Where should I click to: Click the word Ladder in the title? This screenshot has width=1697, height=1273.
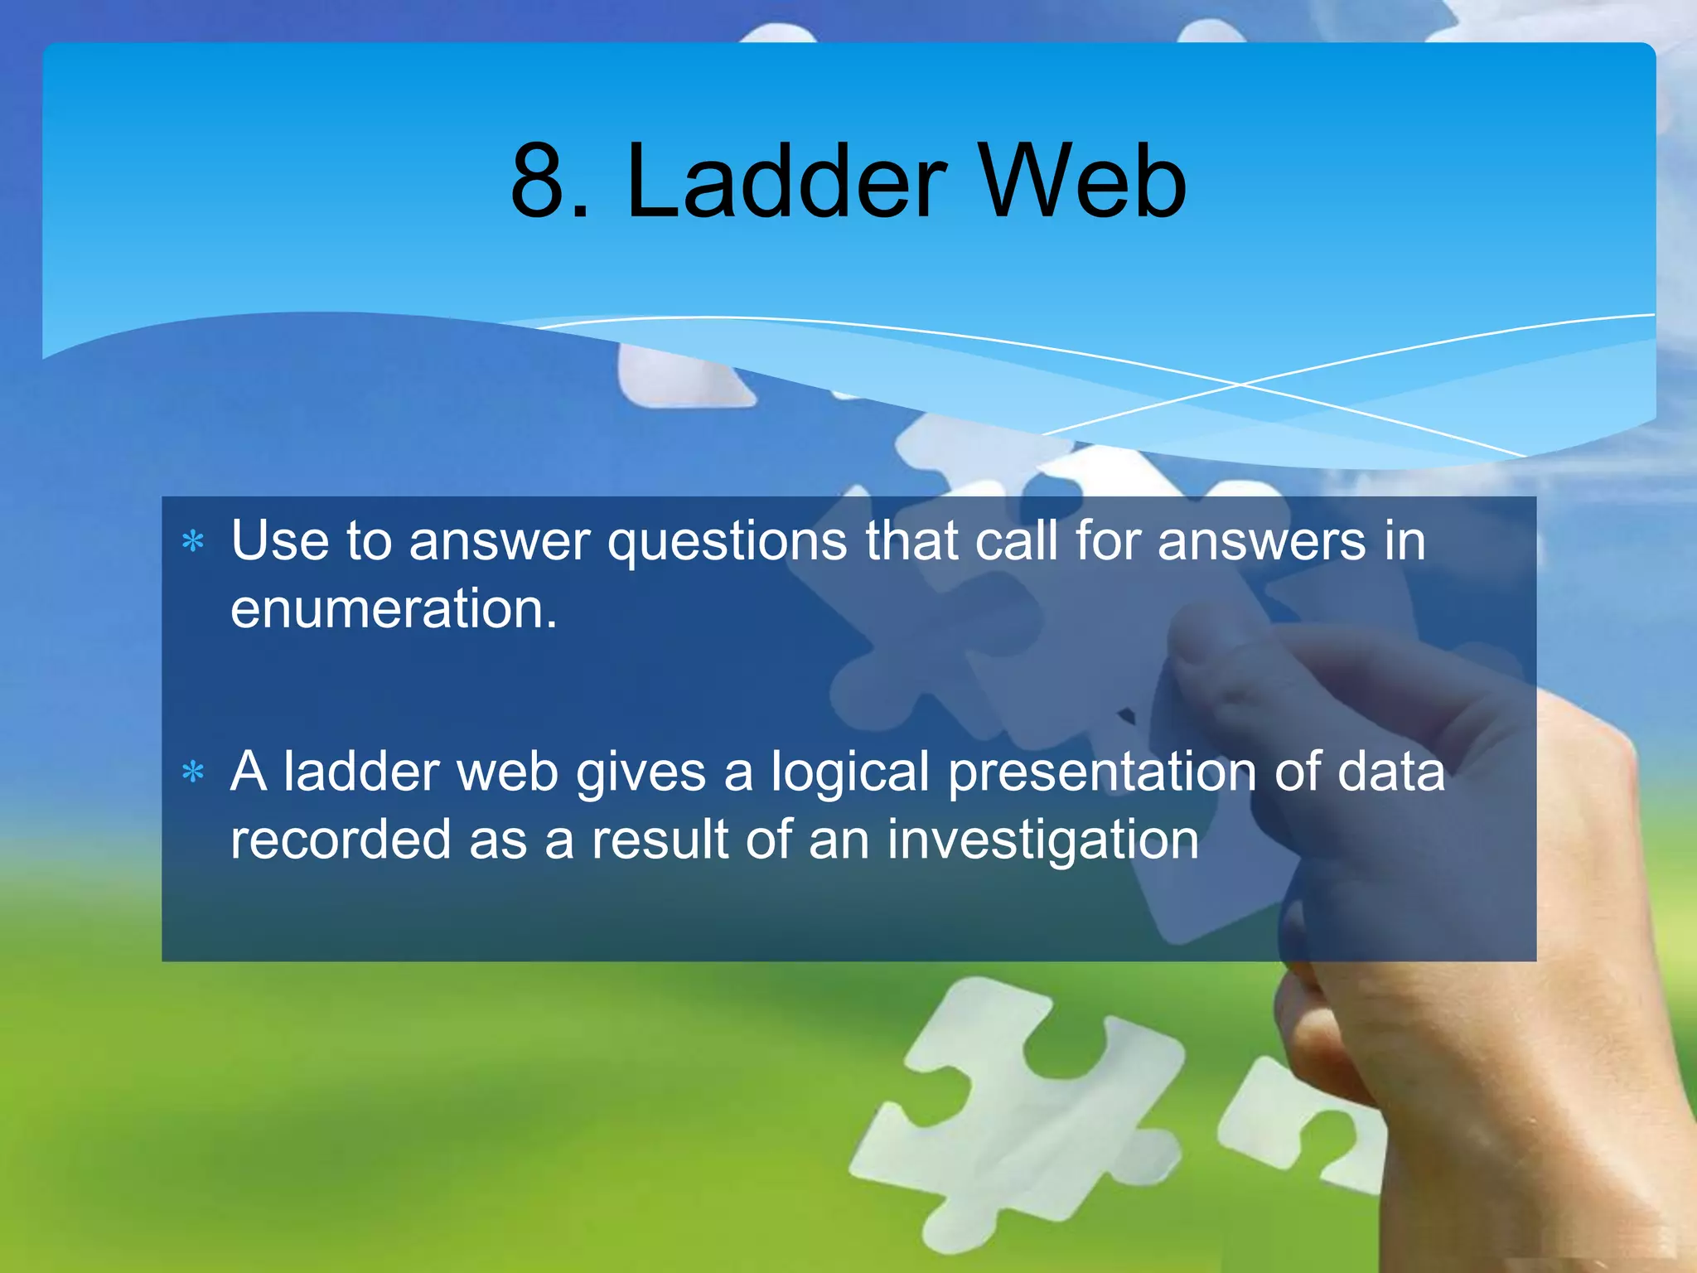click(786, 182)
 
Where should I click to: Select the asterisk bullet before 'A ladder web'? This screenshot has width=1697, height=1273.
click(193, 773)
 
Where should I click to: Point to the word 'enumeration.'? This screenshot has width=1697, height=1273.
click(394, 609)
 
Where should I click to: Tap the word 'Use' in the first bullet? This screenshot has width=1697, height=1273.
click(279, 541)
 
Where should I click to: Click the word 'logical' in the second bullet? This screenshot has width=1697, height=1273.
click(850, 773)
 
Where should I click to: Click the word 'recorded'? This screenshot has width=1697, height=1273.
click(340, 840)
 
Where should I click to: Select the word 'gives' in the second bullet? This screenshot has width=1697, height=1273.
click(641, 773)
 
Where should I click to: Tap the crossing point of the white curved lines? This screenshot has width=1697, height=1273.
click(1241, 385)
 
